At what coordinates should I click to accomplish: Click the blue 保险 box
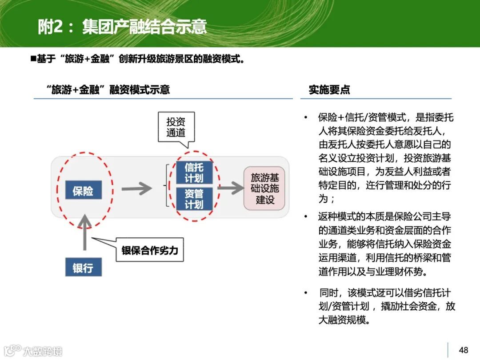(x=83, y=191)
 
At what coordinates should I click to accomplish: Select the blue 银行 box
(x=83, y=268)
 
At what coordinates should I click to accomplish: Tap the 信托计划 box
(x=194, y=172)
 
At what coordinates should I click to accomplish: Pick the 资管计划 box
(x=194, y=199)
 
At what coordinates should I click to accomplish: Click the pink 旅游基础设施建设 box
(x=265, y=189)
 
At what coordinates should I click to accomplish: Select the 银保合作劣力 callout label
(x=150, y=250)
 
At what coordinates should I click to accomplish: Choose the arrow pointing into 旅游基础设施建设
(x=231, y=188)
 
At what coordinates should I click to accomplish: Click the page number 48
(x=464, y=350)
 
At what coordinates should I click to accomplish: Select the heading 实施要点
(x=329, y=90)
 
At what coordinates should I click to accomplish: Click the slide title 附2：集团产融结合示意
(x=122, y=27)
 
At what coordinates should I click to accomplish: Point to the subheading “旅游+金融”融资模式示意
(x=108, y=90)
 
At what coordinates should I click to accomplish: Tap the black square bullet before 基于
(x=32, y=58)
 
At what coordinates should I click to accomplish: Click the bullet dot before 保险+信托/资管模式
(x=306, y=118)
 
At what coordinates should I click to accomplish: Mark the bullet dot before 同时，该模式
(x=306, y=293)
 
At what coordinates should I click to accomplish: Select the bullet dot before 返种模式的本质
(x=306, y=216)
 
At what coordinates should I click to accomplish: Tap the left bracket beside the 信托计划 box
(x=168, y=185)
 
